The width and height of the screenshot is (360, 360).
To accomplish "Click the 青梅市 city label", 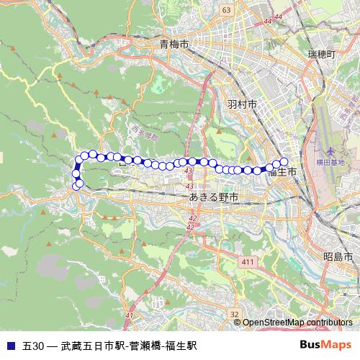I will pos(174,45).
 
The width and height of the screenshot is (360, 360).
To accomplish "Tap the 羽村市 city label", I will pos(242,104).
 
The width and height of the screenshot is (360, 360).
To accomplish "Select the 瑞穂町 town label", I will pos(321,55).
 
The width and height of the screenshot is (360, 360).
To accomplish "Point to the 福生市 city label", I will pos(282,173).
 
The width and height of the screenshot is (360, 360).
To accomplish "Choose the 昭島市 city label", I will pos(337,257).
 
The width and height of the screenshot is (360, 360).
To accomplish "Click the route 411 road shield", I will pos(249,261).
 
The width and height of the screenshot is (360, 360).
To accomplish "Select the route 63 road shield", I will pos(226,10).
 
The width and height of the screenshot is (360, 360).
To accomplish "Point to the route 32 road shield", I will pos(234,314).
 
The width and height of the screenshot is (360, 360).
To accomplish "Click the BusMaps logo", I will pos(325,345).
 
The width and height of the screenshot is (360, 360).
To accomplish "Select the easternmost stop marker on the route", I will pos(284,162).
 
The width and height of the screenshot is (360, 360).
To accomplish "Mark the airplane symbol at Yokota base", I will pos(330,151).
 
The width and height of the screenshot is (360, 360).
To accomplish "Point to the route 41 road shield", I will pos(129,315).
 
